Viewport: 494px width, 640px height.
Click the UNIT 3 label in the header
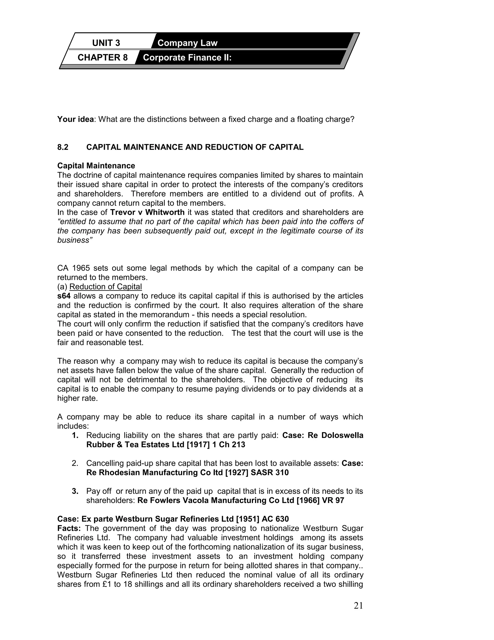pyautogui.click(x=106, y=43)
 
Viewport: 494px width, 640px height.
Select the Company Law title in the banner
pyautogui.click(x=187, y=43)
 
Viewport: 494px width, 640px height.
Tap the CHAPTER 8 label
pyautogui.click(x=103, y=57)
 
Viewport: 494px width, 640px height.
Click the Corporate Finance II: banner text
pyautogui.click(x=187, y=57)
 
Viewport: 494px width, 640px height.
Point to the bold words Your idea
pyautogui.click(x=75, y=120)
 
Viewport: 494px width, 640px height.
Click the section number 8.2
pyautogui.click(x=63, y=147)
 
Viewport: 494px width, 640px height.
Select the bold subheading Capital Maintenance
pyautogui.click(x=96, y=166)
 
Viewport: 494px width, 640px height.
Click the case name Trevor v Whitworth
pyautogui.click(x=147, y=213)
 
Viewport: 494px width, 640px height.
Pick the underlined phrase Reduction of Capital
pyautogui.click(x=105, y=287)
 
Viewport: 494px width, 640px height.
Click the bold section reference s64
pyautogui.click(x=64, y=296)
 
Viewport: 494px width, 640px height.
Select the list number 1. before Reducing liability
pyautogui.click(x=75, y=435)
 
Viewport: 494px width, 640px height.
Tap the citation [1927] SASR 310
pyautogui.click(x=257, y=473)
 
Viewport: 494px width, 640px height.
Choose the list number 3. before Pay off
pyautogui.click(x=75, y=491)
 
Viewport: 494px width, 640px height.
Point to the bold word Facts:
pyautogui.click(x=69, y=528)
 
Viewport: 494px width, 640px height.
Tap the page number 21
pyautogui.click(x=358, y=606)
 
